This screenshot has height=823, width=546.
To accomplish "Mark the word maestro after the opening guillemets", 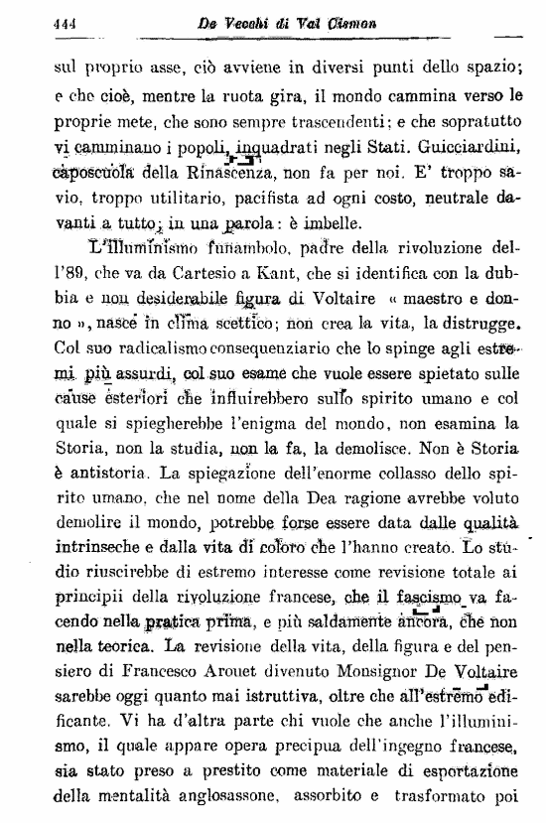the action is click(443, 299).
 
